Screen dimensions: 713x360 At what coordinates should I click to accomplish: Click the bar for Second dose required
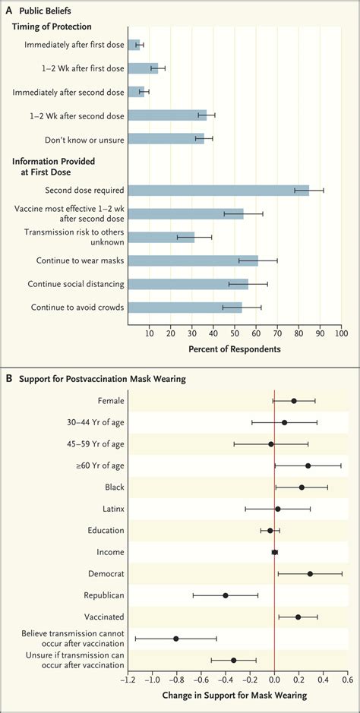pyautogui.click(x=218, y=191)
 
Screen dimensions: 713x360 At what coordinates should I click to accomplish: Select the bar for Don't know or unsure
pyautogui.click(x=166, y=139)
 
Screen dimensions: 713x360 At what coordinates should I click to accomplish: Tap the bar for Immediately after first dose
pyautogui.click(x=134, y=45)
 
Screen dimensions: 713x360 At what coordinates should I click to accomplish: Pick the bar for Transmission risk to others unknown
pyautogui.click(x=161, y=238)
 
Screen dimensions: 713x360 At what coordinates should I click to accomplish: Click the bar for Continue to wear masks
pyautogui.click(x=193, y=261)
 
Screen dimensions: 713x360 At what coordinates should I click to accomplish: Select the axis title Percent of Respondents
pyautogui.click(x=235, y=349)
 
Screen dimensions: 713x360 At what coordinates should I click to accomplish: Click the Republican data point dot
pyautogui.click(x=226, y=595)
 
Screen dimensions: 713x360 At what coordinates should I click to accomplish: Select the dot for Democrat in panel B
pyautogui.click(x=310, y=573)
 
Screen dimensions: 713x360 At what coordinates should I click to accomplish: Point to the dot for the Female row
pyautogui.click(x=294, y=401)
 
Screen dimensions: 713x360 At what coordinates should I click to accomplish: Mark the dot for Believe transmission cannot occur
pyautogui.click(x=176, y=639)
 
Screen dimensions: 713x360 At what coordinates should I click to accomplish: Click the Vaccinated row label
pyautogui.click(x=103, y=617)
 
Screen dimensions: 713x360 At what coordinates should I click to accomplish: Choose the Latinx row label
pyautogui.click(x=111, y=509)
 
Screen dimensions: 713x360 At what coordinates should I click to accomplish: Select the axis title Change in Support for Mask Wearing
pyautogui.click(x=235, y=695)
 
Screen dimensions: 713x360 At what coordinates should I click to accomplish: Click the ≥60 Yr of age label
pyautogui.click(x=97, y=465)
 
